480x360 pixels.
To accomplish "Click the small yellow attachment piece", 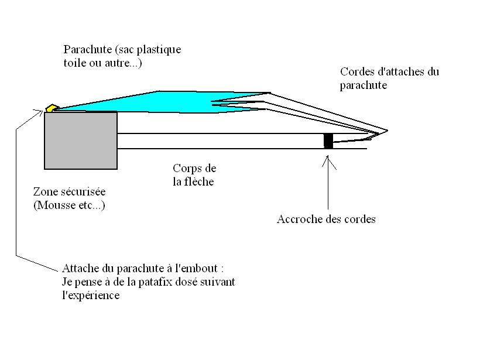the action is [52, 108].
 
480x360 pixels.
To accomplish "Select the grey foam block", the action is [81, 140].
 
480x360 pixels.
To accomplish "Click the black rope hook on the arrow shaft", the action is [328, 141].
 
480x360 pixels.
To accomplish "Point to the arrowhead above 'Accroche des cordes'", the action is [328, 162].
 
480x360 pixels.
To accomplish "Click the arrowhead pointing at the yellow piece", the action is [39, 112].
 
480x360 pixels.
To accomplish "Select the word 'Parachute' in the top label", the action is [88, 50].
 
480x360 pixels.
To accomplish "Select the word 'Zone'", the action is [46, 191].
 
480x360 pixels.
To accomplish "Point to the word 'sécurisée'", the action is [83, 191].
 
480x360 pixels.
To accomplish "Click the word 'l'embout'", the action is [197, 269].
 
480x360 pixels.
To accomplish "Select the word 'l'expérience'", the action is [91, 296].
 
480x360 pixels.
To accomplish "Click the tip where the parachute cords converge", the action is [387, 131].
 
